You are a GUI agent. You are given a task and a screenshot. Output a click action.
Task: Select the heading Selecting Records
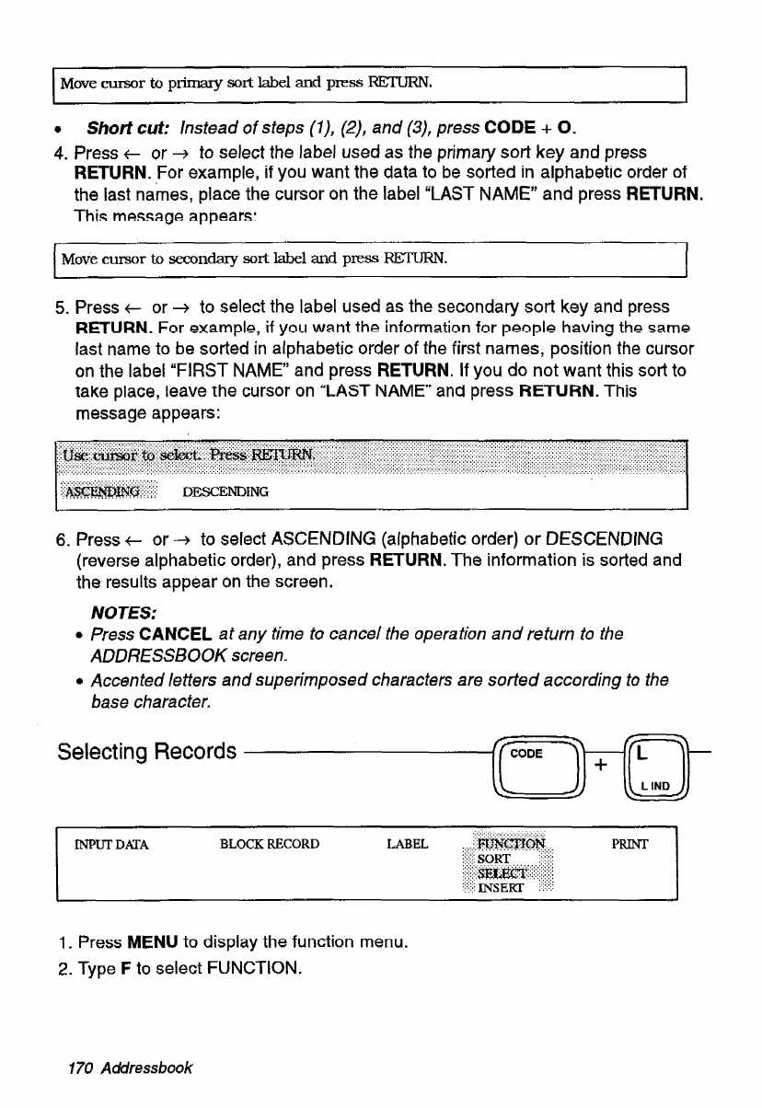[x=146, y=752]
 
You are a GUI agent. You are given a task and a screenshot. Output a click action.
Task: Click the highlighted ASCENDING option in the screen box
[x=109, y=491]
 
